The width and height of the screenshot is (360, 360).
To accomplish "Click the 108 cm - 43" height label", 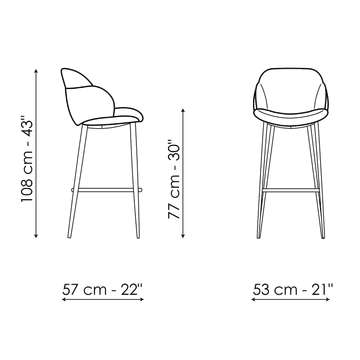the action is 27,159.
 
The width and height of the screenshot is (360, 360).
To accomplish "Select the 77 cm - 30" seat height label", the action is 174,177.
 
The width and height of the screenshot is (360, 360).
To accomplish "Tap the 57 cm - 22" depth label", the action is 102,289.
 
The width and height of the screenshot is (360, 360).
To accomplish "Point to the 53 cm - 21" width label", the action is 293,289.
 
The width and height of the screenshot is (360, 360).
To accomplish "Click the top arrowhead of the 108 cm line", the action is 36,71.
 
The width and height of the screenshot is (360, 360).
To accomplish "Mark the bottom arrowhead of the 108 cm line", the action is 36,236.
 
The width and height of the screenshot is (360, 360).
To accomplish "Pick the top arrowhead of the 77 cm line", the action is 183,110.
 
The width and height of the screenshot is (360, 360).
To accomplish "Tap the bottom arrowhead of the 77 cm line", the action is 183,236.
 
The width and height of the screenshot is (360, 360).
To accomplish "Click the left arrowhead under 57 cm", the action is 64,299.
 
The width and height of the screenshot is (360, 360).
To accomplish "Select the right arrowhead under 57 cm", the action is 142,299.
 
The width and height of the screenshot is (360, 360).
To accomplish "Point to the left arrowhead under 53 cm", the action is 254,299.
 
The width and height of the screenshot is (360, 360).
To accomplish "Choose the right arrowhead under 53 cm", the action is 328,299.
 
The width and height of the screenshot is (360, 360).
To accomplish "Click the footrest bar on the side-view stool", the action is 107,190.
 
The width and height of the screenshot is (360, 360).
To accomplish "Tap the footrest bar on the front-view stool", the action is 290,190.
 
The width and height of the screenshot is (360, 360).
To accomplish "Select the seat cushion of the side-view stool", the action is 113,117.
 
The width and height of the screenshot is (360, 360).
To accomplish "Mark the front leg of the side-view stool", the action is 135,180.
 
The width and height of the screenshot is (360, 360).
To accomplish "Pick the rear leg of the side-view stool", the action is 77,181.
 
